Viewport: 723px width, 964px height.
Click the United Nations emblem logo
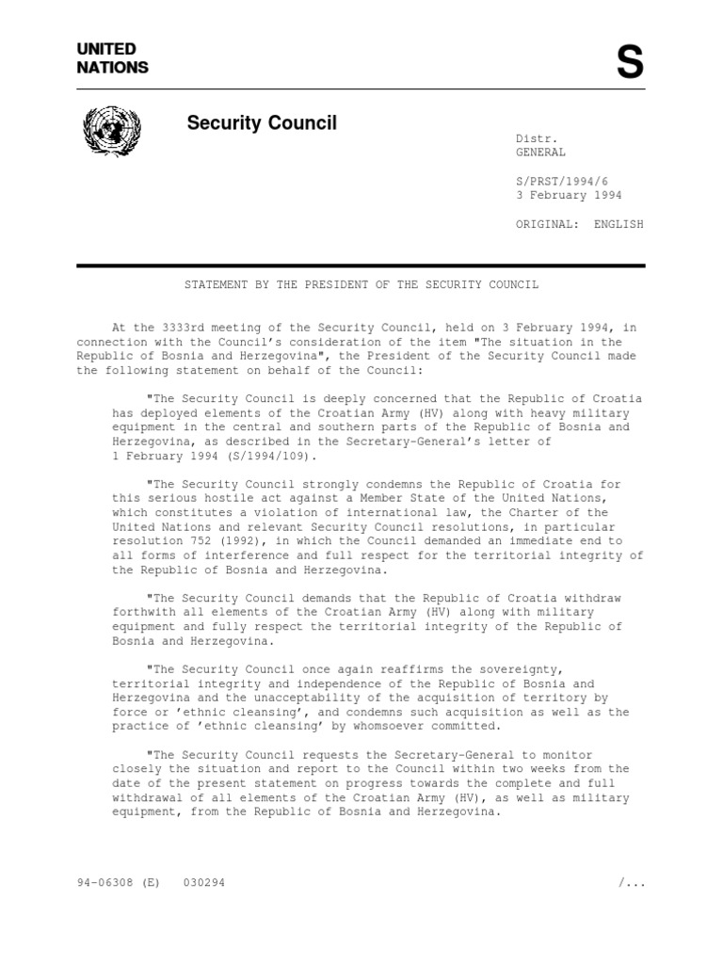pyautogui.click(x=111, y=131)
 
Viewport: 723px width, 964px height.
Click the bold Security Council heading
pyautogui.click(x=262, y=123)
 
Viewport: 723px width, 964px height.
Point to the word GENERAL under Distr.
pyautogui.click(x=540, y=153)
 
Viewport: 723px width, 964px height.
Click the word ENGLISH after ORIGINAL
pyautogui.click(x=619, y=224)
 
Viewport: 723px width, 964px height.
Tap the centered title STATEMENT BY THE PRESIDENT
pyautogui.click(x=361, y=283)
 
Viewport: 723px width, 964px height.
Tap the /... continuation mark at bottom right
pyautogui.click(x=630, y=883)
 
